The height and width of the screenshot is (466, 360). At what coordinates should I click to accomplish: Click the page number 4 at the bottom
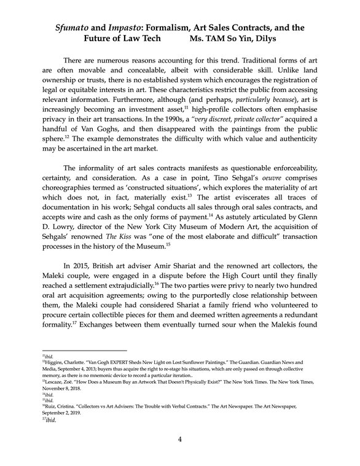click(180, 439)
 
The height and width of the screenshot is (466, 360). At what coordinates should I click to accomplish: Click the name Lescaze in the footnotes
click(57, 380)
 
